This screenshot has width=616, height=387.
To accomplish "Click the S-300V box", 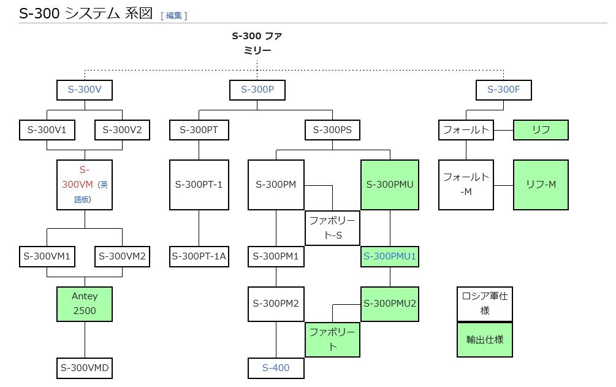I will (85, 90).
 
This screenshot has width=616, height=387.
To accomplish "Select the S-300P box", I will (257, 90).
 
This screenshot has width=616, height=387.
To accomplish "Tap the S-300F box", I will (504, 90).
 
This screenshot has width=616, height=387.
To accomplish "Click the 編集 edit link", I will (174, 16).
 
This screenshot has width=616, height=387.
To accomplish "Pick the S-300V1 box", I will (47, 130).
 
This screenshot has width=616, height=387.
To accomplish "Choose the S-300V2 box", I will (122, 130).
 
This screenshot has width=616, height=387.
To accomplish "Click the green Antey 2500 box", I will (85, 303).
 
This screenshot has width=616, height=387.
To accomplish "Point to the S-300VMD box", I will (85, 368).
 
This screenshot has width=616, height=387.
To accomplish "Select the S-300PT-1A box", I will (199, 256).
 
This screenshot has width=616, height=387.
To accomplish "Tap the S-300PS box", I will (332, 130).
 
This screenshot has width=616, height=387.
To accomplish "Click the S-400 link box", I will (276, 368).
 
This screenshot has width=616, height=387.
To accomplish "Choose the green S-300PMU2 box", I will (390, 303).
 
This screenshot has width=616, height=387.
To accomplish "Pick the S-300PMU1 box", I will (390, 256).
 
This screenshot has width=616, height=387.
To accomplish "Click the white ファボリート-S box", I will (332, 228).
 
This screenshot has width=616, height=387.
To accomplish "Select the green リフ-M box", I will (541, 185).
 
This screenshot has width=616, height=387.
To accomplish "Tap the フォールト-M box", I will (466, 185).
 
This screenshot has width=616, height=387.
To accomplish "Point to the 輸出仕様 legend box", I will (485, 339).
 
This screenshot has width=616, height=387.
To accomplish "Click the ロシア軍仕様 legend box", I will (485, 304).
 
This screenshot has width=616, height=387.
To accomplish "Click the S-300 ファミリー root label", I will (257, 43).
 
